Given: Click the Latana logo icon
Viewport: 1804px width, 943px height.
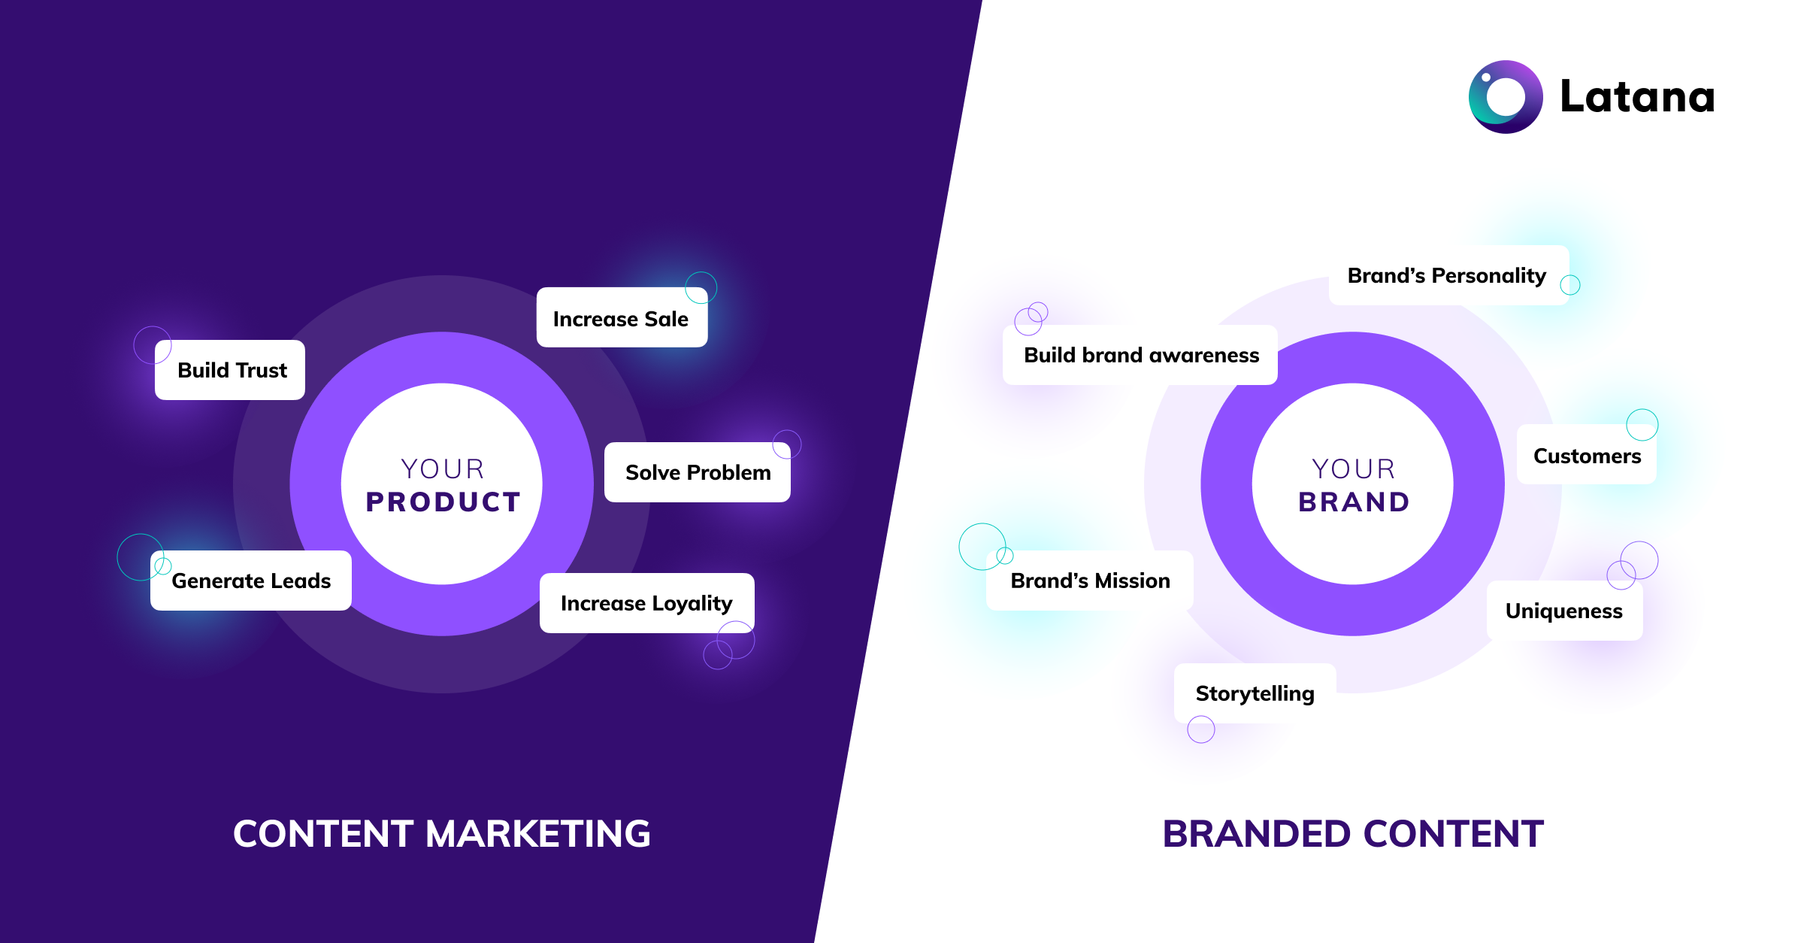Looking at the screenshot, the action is [1506, 97].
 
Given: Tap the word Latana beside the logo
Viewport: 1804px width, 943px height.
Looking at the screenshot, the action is [1637, 97].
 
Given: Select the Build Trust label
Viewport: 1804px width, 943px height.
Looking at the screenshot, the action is [230, 370].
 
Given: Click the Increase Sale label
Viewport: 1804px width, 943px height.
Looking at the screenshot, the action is [622, 317].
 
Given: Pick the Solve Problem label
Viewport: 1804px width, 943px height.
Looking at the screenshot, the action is [698, 472].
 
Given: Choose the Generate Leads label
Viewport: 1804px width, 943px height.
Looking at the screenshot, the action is [251, 581].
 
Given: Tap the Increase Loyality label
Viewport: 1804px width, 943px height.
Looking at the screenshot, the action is [647, 603].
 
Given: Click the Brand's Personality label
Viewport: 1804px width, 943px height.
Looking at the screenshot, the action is [1448, 275].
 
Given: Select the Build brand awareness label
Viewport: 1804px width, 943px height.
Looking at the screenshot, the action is [1140, 355].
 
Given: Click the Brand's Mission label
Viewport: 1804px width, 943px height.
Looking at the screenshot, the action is [1090, 581].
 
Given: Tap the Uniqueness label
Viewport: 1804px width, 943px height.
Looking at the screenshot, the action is [1565, 611].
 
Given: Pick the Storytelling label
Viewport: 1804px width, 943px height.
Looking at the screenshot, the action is [1255, 693].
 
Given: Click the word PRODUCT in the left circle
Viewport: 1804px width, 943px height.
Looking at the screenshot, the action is [443, 502].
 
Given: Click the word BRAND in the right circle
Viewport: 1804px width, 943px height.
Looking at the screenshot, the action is [1354, 502].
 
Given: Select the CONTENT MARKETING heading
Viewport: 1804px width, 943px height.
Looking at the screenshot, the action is [442, 834].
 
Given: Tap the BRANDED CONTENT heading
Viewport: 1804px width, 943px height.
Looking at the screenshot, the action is [1353, 834].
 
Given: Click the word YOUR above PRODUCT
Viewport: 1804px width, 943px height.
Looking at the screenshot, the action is [443, 468].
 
